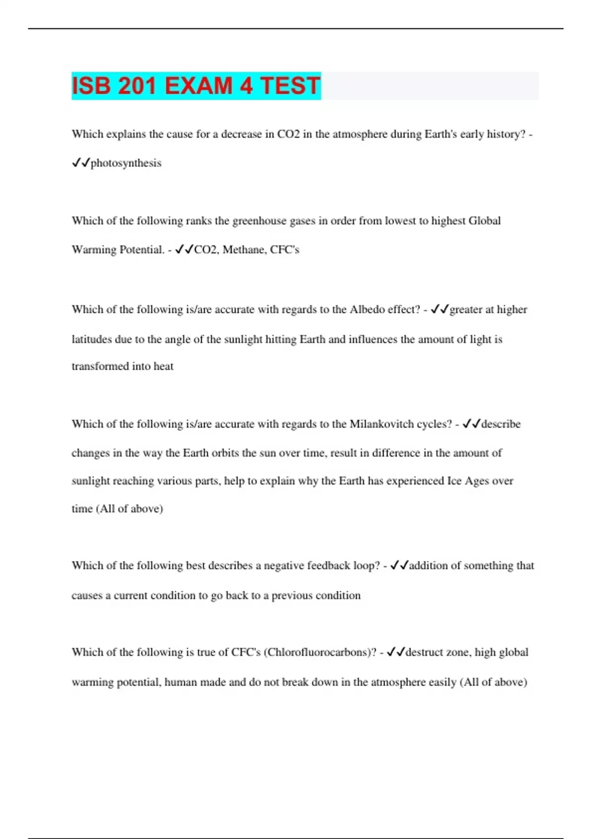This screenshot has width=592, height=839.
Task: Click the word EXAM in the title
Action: (x=198, y=86)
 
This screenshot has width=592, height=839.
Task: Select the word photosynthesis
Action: (x=126, y=163)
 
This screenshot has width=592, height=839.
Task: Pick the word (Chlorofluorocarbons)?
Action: (x=320, y=652)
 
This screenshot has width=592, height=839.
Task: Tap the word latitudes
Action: (x=92, y=340)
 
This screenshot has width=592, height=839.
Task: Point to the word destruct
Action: (x=424, y=652)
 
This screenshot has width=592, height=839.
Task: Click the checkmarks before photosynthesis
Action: (x=81, y=163)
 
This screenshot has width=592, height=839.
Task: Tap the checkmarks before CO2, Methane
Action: (x=185, y=250)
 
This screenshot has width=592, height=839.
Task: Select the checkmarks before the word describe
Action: (x=472, y=424)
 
